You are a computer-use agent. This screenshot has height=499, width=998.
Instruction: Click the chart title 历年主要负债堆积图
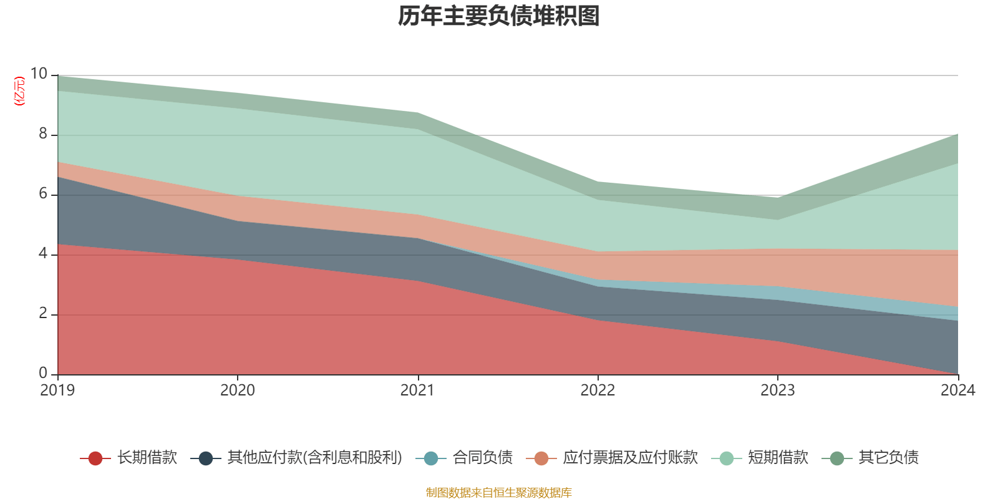point(499,17)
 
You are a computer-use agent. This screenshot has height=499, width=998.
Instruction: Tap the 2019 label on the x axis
point(57,390)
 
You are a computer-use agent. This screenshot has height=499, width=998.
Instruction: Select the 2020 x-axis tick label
point(238,390)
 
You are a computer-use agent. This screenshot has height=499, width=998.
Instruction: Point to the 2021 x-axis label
point(417,390)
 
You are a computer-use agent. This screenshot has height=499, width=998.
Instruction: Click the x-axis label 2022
point(598,390)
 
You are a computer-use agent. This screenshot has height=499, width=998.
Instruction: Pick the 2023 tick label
point(777,390)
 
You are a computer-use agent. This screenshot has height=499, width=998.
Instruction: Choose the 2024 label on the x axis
point(957,390)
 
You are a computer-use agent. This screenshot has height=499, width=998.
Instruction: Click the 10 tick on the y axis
point(39,74)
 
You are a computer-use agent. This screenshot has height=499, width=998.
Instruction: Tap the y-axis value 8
point(43,134)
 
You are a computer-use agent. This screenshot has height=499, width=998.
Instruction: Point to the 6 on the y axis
point(43,194)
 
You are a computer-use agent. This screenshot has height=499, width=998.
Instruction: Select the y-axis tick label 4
point(43,254)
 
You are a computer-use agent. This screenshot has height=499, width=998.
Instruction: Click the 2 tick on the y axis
point(43,314)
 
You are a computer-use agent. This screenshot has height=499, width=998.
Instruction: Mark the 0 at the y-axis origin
point(43,374)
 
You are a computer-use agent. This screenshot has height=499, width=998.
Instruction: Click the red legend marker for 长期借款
point(95,458)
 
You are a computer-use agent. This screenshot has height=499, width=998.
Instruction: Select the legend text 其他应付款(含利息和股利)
point(314,458)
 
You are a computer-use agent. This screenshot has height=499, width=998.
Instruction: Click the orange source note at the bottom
point(499,493)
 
